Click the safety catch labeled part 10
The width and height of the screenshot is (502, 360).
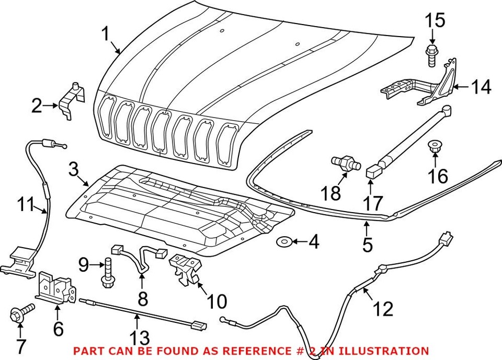(186, 269)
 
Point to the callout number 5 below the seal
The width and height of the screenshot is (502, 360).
(368, 245)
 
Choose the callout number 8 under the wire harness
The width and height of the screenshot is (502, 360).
(142, 298)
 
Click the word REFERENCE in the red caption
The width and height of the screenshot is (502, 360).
(251, 351)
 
